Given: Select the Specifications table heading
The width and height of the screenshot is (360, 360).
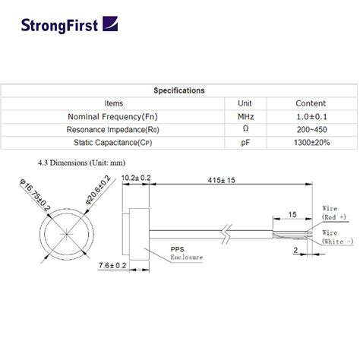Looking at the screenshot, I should [179, 90].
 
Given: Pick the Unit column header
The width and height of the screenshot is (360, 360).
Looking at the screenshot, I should [245, 103].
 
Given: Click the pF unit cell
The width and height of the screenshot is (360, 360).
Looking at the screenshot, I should [245, 141].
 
